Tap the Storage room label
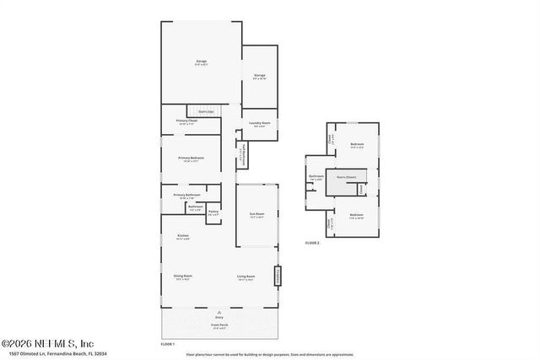260,77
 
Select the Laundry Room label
260,124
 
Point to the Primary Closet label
187,121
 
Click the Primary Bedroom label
191,159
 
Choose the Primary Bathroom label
187,196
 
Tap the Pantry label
213,212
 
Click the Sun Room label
256,215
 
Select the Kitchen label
182,236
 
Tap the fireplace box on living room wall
277,277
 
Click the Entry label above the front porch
219,318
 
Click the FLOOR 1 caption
168,344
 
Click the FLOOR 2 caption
313,243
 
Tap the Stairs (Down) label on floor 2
346,177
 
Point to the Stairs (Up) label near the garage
205,111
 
